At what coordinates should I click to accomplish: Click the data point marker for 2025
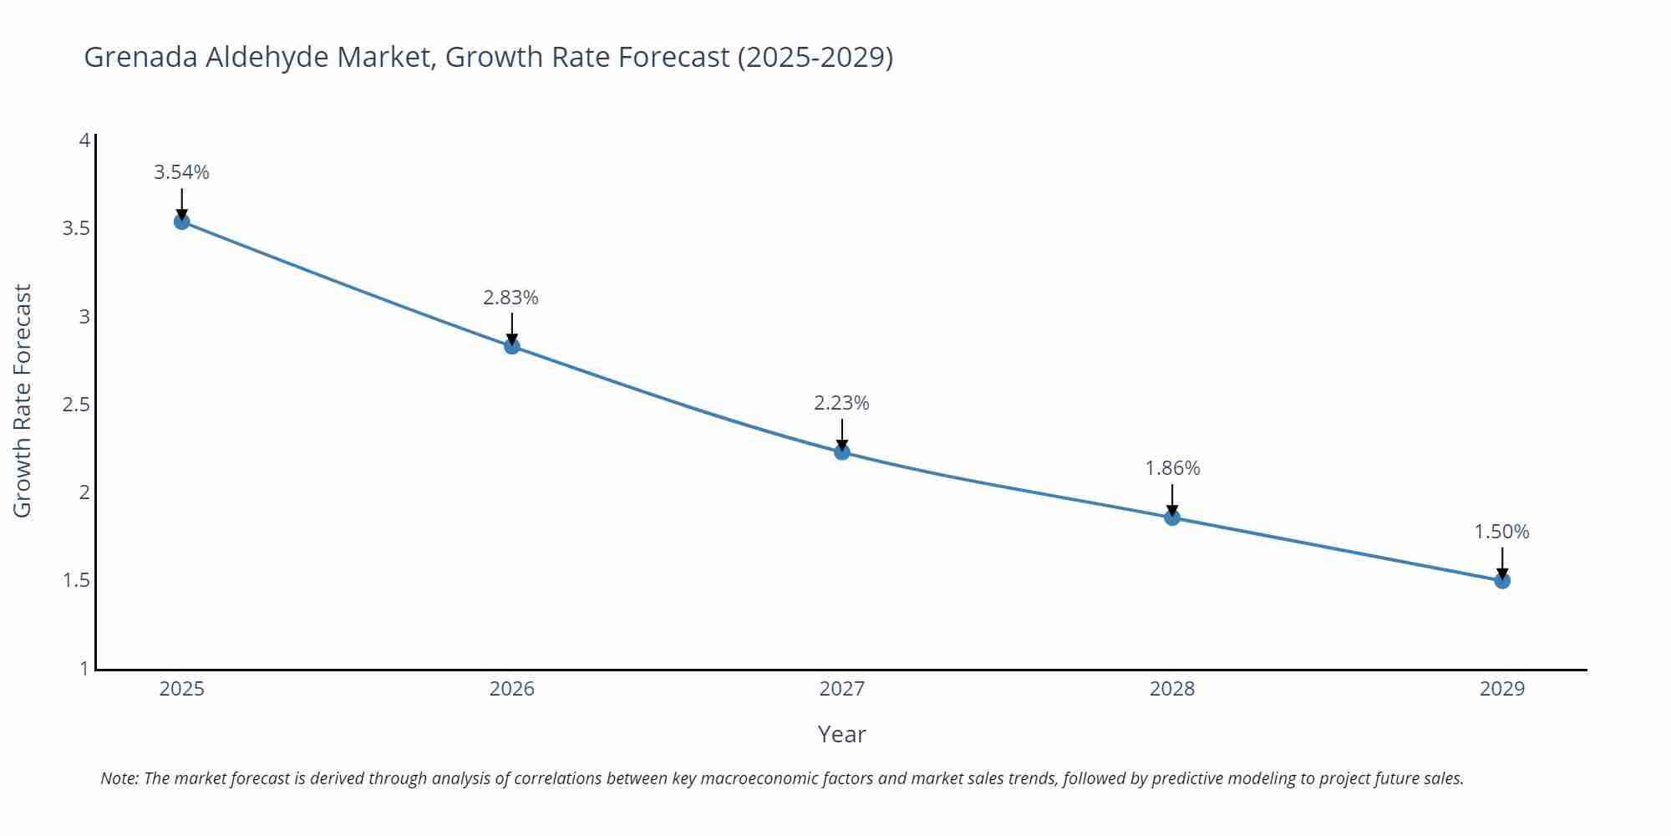181,222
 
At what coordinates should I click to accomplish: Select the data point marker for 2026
512,346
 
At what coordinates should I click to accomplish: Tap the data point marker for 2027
842,452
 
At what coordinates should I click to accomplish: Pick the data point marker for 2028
1172,517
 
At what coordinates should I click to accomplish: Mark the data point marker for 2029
1502,580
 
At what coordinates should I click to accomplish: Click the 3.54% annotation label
181,172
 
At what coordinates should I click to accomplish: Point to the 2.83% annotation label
510,298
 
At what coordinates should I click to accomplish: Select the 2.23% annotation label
841,403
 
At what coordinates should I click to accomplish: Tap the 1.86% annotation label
1172,468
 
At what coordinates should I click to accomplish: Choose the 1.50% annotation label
1501,532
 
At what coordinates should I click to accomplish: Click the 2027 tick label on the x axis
841,689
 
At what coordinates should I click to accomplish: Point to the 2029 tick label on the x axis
1501,689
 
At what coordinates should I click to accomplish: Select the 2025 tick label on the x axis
181,689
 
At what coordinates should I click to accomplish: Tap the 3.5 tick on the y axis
76,228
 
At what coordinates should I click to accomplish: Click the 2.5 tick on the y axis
76,405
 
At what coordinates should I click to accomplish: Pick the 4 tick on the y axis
84,140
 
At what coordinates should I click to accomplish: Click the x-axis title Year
841,734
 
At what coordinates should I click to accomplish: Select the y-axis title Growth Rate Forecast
23,400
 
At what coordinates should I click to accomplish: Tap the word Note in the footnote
119,778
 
